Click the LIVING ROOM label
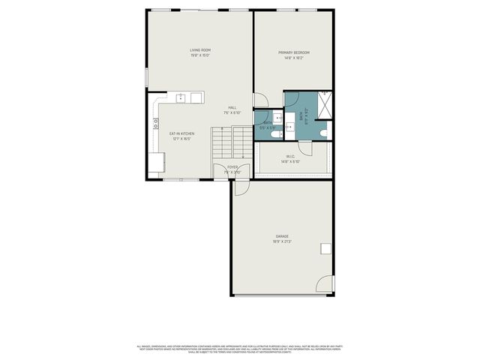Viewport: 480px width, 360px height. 199,49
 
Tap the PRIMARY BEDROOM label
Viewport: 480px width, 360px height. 294,52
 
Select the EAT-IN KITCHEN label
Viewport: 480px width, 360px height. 182,133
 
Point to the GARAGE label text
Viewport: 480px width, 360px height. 282,236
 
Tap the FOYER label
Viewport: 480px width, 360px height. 232,167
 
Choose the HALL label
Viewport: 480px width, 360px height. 232,107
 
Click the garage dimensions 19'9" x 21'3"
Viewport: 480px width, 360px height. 282,241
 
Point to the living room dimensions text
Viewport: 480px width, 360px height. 199,55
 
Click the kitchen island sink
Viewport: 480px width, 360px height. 181,97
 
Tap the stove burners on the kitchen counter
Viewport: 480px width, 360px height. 156,124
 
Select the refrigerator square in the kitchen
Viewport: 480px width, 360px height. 157,163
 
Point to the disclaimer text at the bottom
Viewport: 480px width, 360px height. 239,349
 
